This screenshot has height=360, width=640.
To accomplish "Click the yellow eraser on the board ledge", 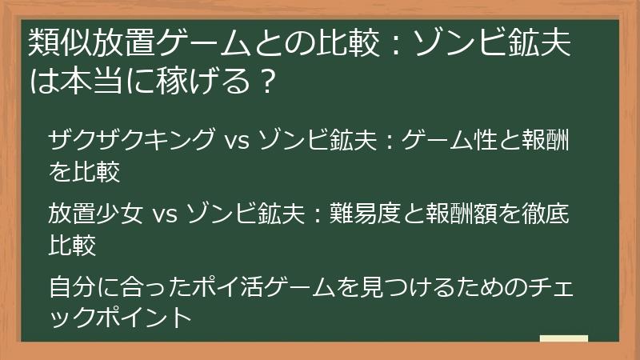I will tap(564, 339).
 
